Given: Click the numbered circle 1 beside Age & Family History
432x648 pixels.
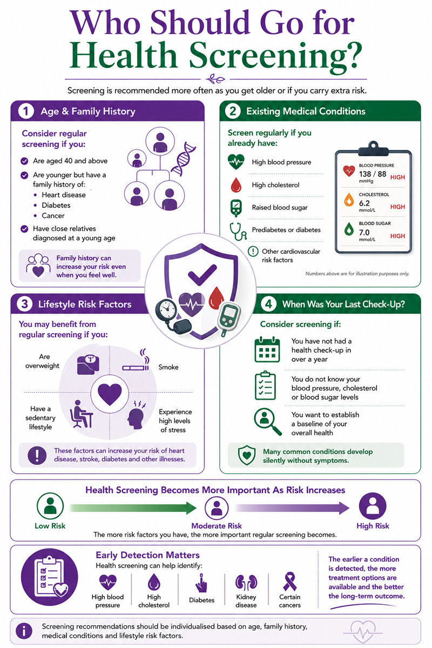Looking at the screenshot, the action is pos(26,111).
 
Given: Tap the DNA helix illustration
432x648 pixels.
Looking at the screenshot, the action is pos(183,159).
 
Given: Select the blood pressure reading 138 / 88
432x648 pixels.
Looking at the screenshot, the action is pos(373,174).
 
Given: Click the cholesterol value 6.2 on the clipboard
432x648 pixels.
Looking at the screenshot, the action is pos(364,203).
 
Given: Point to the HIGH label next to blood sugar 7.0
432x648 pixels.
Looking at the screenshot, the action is pos(397,236).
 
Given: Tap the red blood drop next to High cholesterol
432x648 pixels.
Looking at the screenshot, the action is pos(236,185).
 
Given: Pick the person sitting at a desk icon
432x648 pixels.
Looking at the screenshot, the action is pos(82,414).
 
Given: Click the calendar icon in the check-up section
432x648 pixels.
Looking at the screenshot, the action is pos(267,349).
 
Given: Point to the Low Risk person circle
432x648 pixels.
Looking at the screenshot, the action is pos(50,506).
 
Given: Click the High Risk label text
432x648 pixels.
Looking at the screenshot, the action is pos(373,525).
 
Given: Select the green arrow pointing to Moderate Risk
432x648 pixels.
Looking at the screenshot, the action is pos(133,508).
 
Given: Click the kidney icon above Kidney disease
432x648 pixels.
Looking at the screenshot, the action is pos(246,582).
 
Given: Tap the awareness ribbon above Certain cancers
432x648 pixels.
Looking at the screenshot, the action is pos(289,582).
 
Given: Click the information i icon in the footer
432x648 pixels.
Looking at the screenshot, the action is pos(24,631).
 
